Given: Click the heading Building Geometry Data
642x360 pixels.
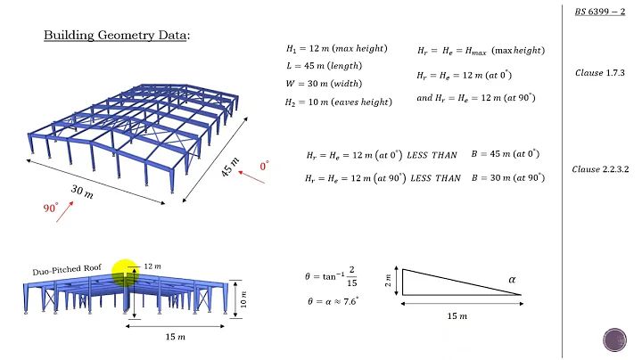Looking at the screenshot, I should tap(118, 36).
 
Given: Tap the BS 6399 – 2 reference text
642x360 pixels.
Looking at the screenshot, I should tap(599, 12).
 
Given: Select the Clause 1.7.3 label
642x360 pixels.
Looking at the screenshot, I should tap(599, 70).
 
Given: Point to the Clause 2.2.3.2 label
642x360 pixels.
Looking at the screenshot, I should tap(599, 168).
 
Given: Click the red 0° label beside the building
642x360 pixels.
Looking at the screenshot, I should tap(264, 167).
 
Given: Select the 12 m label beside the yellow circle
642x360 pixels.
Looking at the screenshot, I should tap(153, 266).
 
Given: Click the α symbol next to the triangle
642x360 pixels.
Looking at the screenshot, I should tap(513, 280).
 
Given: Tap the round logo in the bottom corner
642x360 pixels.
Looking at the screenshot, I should tap(615, 341).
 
